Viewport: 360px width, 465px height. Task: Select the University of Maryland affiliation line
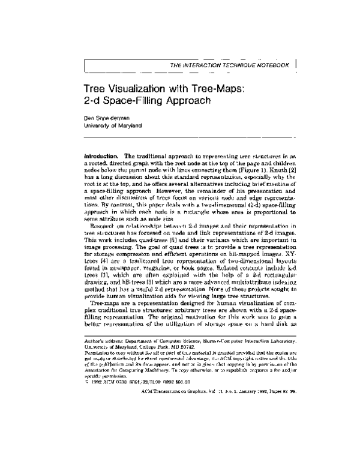click(113, 126)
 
